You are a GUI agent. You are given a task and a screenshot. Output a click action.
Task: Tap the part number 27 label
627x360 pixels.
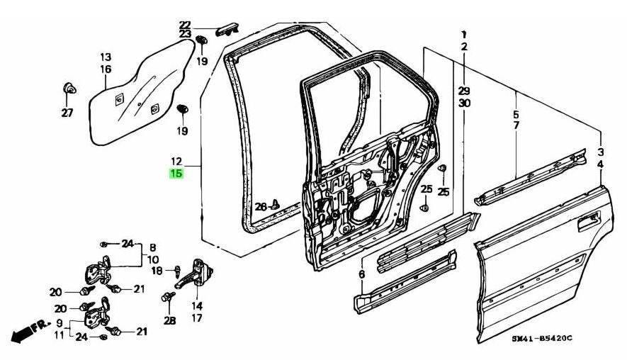pyautogui.click(x=67, y=113)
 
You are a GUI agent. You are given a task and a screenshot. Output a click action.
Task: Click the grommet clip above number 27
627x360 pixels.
pyautogui.click(x=69, y=89)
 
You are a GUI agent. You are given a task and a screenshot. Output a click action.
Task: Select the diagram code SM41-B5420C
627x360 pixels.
pyautogui.click(x=541, y=339)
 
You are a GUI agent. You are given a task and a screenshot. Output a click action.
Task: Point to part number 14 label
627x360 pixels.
pyautogui.click(x=196, y=306)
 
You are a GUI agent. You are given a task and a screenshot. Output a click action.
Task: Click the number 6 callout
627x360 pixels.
pyautogui.click(x=361, y=274)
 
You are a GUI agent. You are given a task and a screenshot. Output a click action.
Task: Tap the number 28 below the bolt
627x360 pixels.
pyautogui.click(x=169, y=321)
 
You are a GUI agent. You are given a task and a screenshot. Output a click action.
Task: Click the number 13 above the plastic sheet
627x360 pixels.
pyautogui.click(x=105, y=57)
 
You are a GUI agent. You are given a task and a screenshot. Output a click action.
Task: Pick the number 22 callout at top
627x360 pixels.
pyautogui.click(x=184, y=25)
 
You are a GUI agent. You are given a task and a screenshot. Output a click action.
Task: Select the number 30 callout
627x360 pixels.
pyautogui.click(x=464, y=103)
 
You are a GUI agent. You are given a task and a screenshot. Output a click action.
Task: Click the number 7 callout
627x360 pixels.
pyautogui.click(x=516, y=125)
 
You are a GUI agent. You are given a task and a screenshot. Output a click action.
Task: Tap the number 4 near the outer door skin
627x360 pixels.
pyautogui.click(x=601, y=164)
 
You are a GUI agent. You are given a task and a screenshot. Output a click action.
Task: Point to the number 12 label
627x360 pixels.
pyautogui.click(x=176, y=162)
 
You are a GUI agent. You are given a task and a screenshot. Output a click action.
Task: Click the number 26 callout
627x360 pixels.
pyautogui.click(x=260, y=207)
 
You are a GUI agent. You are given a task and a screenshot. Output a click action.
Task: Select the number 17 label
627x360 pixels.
pyautogui.click(x=196, y=317)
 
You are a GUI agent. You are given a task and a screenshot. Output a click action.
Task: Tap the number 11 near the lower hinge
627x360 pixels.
pyautogui.click(x=60, y=334)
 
